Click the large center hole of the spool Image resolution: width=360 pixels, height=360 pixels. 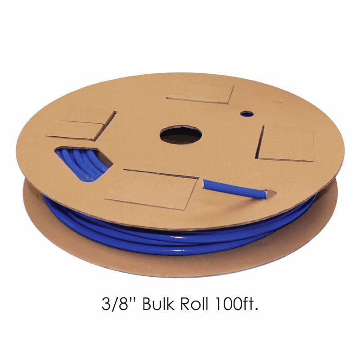[181, 135]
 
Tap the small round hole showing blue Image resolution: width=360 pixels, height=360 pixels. [247, 114]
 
